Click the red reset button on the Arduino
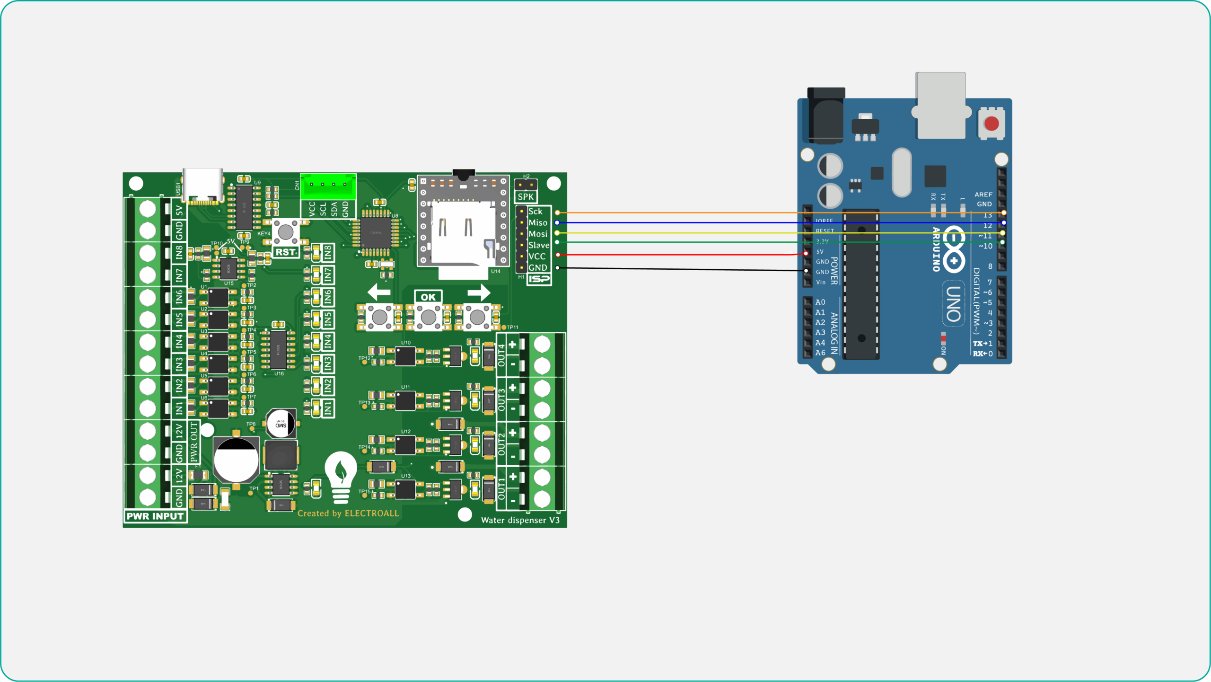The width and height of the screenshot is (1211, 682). [991, 124]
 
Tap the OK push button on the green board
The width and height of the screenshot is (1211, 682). [429, 317]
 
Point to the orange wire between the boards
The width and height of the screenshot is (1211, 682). [686, 213]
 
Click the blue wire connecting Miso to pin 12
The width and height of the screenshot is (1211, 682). [686, 222]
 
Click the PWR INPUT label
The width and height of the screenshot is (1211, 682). [155, 516]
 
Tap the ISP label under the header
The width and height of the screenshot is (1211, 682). [539, 279]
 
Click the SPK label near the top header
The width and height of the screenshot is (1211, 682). [526, 197]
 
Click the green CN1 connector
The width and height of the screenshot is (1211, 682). [328, 186]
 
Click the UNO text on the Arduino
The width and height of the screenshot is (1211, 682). [954, 303]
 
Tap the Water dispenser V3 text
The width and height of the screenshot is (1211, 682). [520, 520]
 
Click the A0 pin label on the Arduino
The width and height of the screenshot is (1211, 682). [820, 302]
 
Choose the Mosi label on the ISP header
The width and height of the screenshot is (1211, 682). [538, 234]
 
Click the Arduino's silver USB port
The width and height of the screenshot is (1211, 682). [940, 106]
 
